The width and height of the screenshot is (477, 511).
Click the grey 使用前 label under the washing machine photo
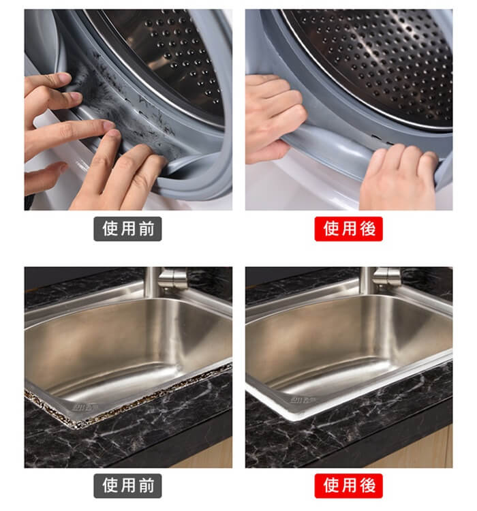click(x=127, y=229)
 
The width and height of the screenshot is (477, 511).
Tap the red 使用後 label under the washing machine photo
click(x=348, y=229)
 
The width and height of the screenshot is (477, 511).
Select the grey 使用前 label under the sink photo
click(x=127, y=486)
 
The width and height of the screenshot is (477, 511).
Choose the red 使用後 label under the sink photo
click(x=348, y=486)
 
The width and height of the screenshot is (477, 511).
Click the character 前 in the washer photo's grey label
click(x=147, y=229)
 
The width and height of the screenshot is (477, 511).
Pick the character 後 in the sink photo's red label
click(x=368, y=486)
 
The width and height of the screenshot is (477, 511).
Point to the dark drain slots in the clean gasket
click(x=384, y=140)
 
